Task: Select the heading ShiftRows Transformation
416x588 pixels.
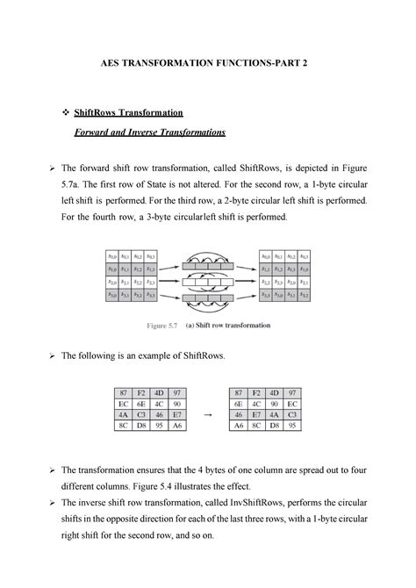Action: pyautogui.click(x=134, y=113)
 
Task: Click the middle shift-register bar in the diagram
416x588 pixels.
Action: pyautogui.click(x=208, y=283)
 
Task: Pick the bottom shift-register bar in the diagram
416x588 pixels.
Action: pyautogui.click(x=208, y=297)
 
